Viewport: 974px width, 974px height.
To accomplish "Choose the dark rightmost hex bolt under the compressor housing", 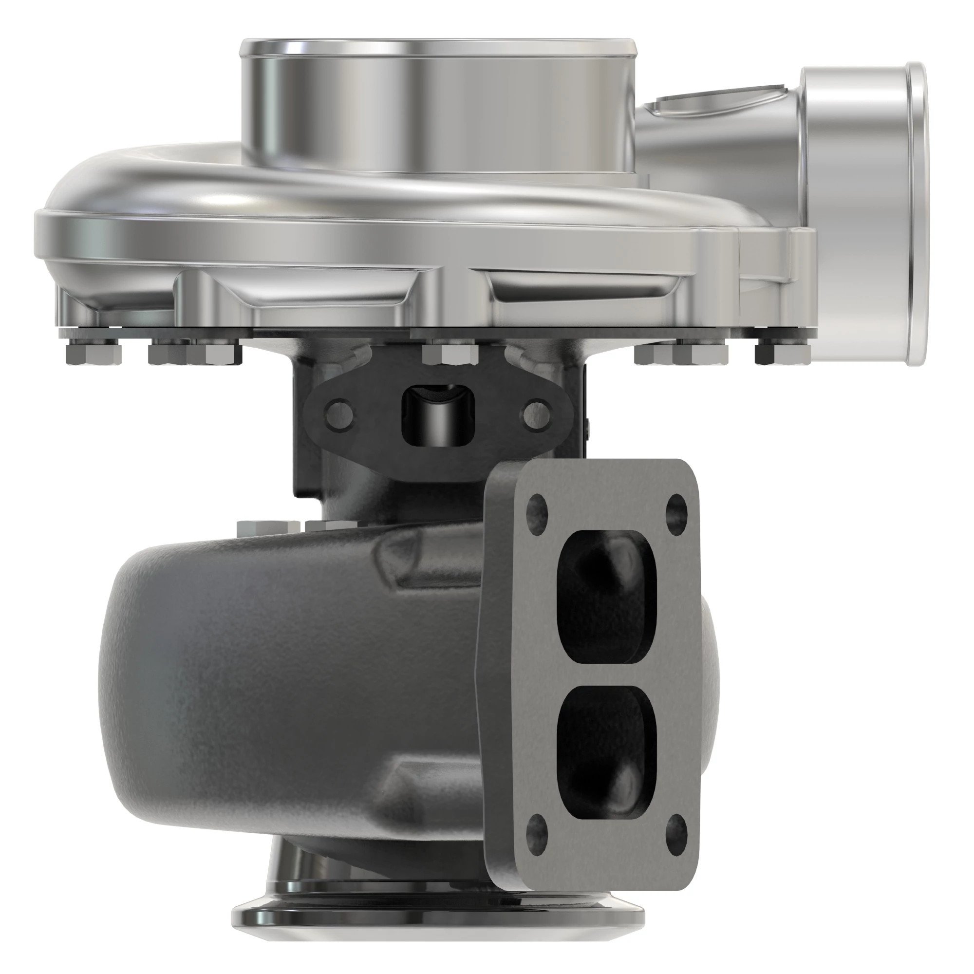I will (x=783, y=353).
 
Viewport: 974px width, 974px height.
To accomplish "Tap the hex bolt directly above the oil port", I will (x=450, y=353).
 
